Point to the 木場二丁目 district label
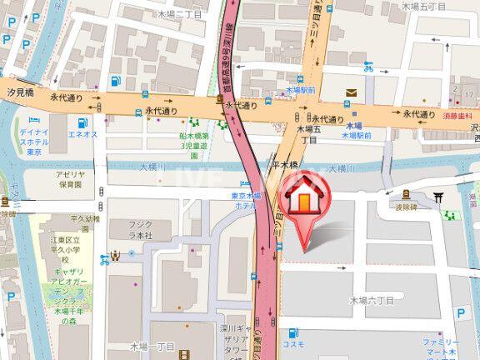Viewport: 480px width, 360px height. coord(178,14)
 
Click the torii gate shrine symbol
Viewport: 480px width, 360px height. coord(438,197)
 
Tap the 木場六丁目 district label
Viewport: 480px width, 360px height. coord(372,300)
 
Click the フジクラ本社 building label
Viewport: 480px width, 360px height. coord(141,230)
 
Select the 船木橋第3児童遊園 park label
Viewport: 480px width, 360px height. coord(193,143)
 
